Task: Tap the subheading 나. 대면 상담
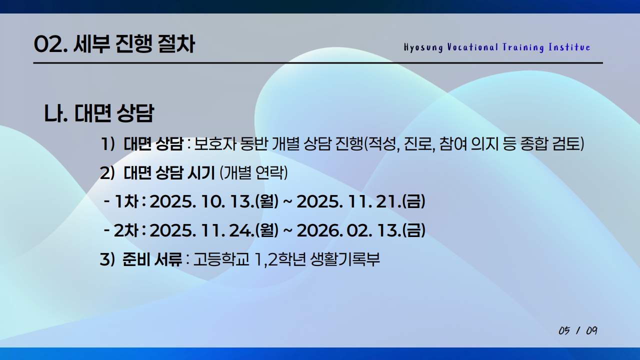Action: tap(98, 114)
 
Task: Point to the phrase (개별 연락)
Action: tap(253, 173)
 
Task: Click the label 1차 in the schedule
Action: tap(127, 202)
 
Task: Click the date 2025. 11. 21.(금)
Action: tap(360, 202)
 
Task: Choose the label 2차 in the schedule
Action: tap(127, 230)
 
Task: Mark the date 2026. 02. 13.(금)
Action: tap(360, 230)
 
